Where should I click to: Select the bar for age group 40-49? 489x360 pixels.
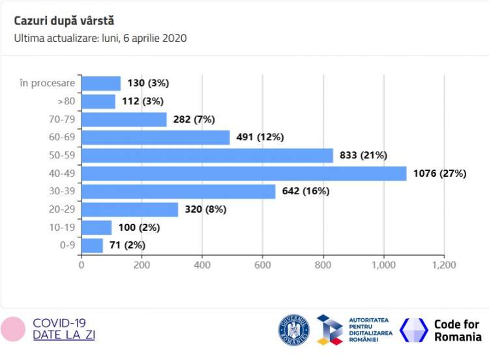coord(244,173)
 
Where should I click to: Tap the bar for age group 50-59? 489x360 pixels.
coord(207,155)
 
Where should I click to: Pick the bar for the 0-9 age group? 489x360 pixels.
coord(92,245)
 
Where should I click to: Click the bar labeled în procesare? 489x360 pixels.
coord(101,83)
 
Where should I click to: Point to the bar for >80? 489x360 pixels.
coord(98,101)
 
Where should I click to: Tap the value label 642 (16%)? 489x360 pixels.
coord(306,191)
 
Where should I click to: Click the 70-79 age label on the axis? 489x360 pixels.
coord(63,119)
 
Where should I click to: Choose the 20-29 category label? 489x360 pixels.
coord(63,209)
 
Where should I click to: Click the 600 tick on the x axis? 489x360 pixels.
coord(262,265)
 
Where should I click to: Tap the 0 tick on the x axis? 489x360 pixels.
coord(81,265)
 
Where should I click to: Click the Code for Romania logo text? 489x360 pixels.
coord(457,331)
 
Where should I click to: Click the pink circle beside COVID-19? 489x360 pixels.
coord(13,329)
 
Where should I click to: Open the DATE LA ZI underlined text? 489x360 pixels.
coord(63,335)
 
